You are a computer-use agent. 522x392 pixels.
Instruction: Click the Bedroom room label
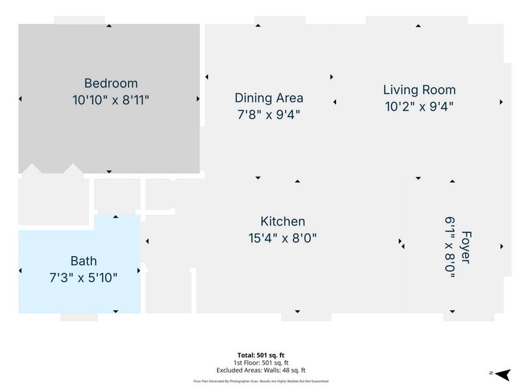coord(111,84)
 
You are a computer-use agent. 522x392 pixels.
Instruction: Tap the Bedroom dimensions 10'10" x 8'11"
coord(111,100)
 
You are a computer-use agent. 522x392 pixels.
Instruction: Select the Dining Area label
coord(269,98)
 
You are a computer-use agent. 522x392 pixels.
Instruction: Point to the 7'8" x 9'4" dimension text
coord(269,115)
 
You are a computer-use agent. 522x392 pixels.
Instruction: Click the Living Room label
coord(420,90)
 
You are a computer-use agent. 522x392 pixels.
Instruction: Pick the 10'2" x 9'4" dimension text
coord(419,106)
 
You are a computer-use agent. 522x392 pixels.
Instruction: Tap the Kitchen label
coord(283,221)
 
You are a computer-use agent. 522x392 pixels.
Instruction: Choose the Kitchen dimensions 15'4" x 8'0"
coord(283,238)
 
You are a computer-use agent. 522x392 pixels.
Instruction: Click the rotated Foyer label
coord(466,247)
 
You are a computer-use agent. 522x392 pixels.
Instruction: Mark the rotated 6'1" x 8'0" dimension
coord(450,247)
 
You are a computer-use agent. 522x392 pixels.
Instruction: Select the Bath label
coord(84,261)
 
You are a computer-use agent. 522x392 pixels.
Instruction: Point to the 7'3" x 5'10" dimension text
coord(84,277)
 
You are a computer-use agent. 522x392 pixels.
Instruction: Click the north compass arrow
coord(502,374)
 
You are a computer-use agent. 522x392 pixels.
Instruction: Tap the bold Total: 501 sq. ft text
coord(261,355)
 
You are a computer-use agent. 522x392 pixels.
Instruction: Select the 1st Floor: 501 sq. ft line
coord(261,363)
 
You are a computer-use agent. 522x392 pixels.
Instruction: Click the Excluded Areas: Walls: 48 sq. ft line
coord(261,370)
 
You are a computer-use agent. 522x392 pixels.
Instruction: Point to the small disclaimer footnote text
coord(261,382)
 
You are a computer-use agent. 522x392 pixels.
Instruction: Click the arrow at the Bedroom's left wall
coord(20,99)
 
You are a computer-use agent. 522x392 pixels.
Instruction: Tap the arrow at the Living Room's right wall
coord(501,102)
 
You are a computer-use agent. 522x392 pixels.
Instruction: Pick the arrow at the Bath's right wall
coord(138,270)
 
